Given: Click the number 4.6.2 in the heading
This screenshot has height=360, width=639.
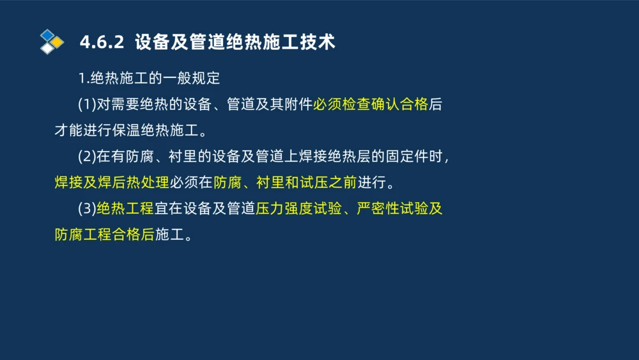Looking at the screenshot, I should (x=101, y=42).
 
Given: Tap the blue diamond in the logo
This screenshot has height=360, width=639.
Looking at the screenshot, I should (x=47, y=35).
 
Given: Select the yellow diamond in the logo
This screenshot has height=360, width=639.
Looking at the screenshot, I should (x=58, y=42).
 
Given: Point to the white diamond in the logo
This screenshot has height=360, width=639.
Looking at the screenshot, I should (x=47, y=48).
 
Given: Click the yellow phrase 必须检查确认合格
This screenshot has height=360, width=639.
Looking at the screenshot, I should (x=370, y=105).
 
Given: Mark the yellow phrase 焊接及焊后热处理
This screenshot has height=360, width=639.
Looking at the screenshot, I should (x=112, y=183).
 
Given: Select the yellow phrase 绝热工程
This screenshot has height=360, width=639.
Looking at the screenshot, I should (x=125, y=208).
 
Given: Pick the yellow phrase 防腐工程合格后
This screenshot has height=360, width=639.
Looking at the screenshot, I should (x=105, y=235).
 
